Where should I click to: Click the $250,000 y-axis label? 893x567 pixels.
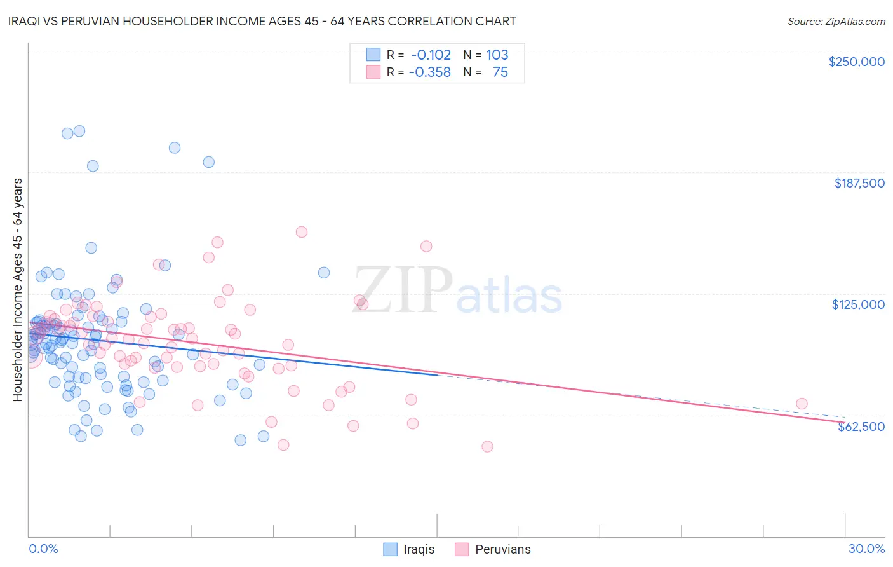tap(856, 62)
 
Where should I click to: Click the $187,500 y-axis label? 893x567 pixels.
tap(859, 183)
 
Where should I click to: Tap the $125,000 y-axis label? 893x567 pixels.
tap(858, 304)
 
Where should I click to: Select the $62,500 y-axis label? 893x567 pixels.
tap(861, 427)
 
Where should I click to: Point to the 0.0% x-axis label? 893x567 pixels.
tap(43, 549)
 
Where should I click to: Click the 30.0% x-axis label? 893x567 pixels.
tap(866, 549)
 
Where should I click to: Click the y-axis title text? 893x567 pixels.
tap(17, 289)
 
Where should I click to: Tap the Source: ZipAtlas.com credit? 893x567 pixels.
tap(836, 21)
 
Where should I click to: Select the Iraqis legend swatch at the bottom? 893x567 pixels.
tap(390, 549)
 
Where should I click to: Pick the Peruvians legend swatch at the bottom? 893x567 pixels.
tap(462, 549)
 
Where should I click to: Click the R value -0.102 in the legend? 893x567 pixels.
tap(430, 55)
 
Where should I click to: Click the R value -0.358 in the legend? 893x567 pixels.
tap(430, 72)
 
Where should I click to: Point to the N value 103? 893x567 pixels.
tap(497, 55)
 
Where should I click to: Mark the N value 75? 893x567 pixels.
tap(500, 72)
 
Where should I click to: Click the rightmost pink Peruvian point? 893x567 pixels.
tap(802, 404)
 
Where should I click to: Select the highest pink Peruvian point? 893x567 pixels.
tap(302, 232)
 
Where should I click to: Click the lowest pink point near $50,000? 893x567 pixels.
tap(487, 446)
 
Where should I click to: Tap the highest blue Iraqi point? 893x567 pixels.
tap(79, 131)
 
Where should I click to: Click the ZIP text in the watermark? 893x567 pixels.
tap(403, 290)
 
